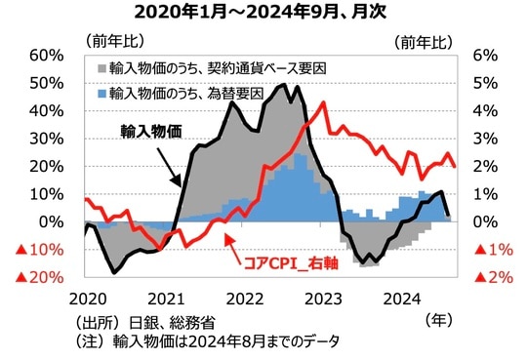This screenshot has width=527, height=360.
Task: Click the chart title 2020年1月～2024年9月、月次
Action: (263, 13)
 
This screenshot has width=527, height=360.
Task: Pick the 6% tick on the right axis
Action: (484, 56)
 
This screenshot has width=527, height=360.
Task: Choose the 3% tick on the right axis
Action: (484, 139)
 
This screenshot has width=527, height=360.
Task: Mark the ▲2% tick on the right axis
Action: (491, 278)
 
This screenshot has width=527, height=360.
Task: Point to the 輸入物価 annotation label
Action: (153, 130)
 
